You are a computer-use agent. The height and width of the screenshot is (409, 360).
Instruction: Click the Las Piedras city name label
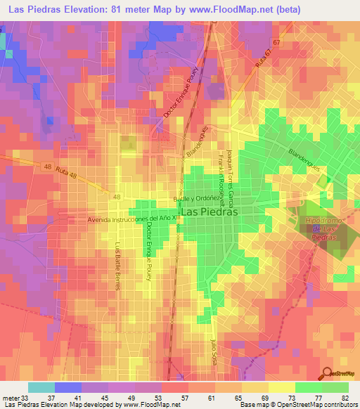210,211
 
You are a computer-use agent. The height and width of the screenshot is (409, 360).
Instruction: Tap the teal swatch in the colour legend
41,387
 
